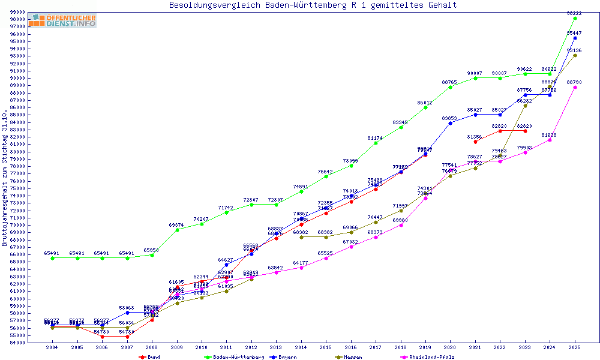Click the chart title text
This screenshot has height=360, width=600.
pyautogui.click(x=313, y=5)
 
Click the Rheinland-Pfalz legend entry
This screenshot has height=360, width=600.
pyautogui.click(x=431, y=357)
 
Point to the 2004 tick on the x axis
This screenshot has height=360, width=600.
pyautogui.click(x=52, y=347)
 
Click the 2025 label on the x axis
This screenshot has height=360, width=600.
pyautogui.click(x=575, y=347)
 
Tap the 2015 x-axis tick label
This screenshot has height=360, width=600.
pyautogui.click(x=326, y=347)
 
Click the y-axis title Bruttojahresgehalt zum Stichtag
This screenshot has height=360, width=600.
pyautogui.click(x=5, y=178)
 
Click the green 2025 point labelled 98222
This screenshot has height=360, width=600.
pyautogui.click(x=575, y=18)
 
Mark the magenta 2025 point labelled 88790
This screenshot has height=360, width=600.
pyautogui.click(x=575, y=87)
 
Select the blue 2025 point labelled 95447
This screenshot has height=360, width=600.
pyautogui.click(x=575, y=38)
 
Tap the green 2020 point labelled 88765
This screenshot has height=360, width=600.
pyautogui.click(x=450, y=87)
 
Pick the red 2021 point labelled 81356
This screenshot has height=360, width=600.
pyautogui.click(x=475, y=142)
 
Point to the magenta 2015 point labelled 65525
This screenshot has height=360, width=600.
pyautogui.click(x=326, y=258)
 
